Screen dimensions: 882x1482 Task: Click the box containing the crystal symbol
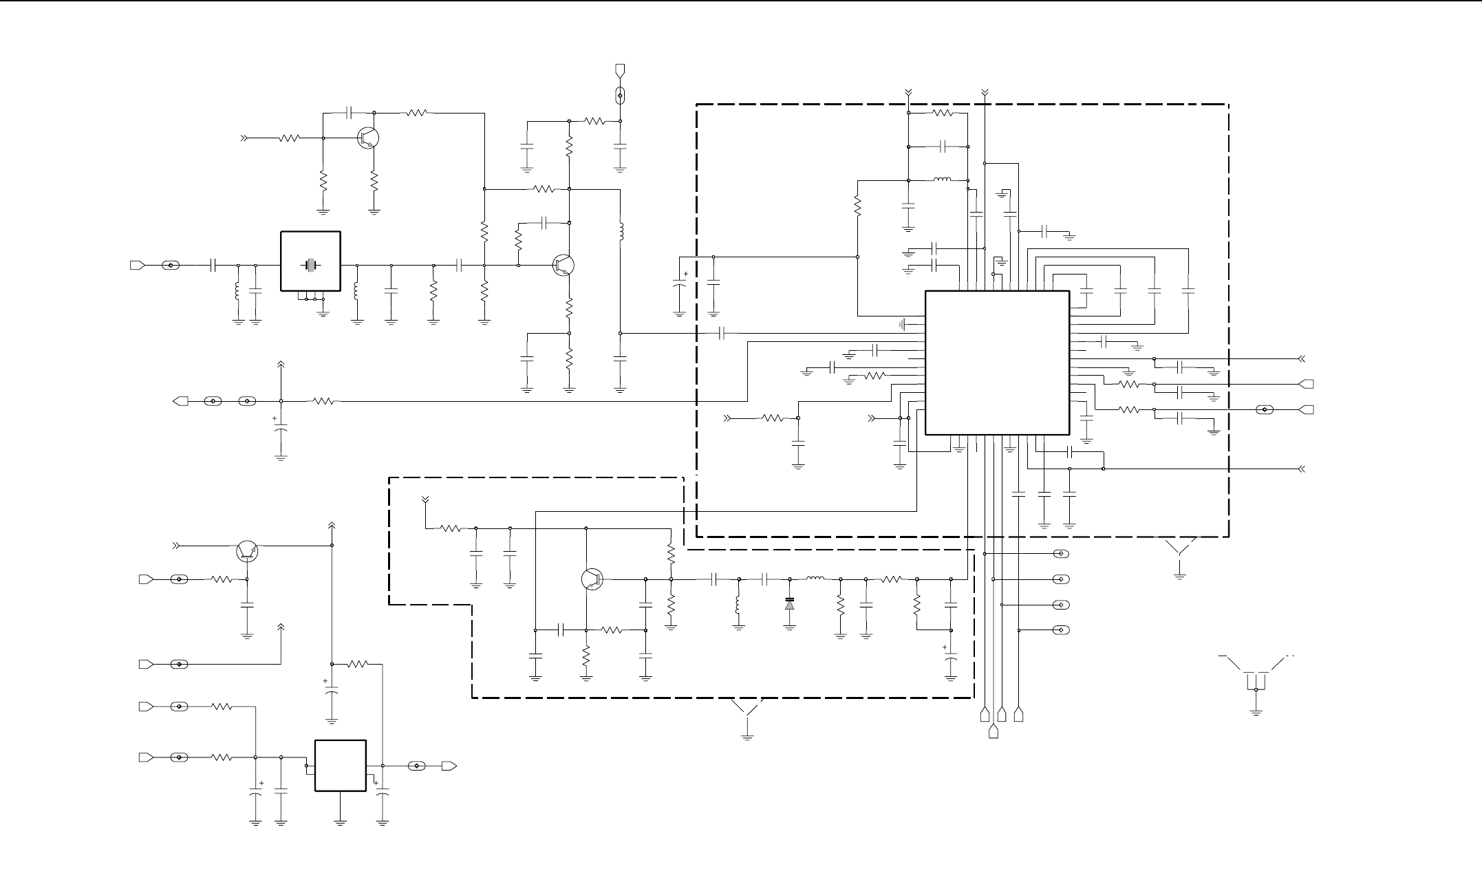click(x=310, y=261)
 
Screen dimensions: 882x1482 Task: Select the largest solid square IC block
click(x=997, y=363)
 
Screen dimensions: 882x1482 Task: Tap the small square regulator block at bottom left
click(x=340, y=766)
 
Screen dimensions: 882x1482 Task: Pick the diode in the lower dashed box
click(x=790, y=605)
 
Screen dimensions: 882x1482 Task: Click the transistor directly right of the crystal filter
click(x=564, y=265)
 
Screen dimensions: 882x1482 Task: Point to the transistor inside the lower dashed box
click(x=592, y=579)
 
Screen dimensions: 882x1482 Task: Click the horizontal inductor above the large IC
click(x=942, y=181)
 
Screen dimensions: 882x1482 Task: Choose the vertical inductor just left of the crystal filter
click(x=238, y=292)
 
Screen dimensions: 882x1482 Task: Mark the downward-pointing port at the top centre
click(x=621, y=69)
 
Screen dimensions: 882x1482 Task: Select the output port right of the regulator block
click(x=449, y=766)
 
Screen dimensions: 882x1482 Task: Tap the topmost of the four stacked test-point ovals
click(x=1062, y=554)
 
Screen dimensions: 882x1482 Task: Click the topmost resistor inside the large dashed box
click(x=941, y=114)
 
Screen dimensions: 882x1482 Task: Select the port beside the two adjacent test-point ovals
click(x=180, y=401)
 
